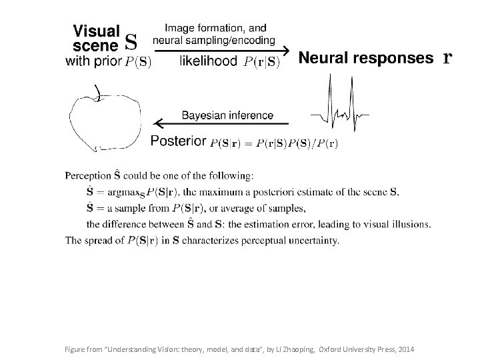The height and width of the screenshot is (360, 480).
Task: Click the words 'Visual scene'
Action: pos(96,37)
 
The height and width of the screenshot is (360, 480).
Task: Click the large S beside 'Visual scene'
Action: pos(131,41)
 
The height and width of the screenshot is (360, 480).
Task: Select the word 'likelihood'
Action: pos(208,62)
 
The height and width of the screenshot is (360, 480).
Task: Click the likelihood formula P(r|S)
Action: pos(261,63)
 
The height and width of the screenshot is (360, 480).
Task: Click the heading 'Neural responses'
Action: pos(365,59)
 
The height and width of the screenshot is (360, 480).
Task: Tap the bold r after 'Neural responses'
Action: pos(447,59)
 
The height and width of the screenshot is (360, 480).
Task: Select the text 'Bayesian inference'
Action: pos(227,115)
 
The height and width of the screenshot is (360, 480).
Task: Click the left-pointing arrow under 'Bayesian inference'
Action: pos(220,123)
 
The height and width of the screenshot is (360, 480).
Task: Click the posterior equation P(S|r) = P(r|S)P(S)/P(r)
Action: pos(274,143)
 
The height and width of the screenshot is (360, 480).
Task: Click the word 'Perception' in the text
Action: pos(88,176)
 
